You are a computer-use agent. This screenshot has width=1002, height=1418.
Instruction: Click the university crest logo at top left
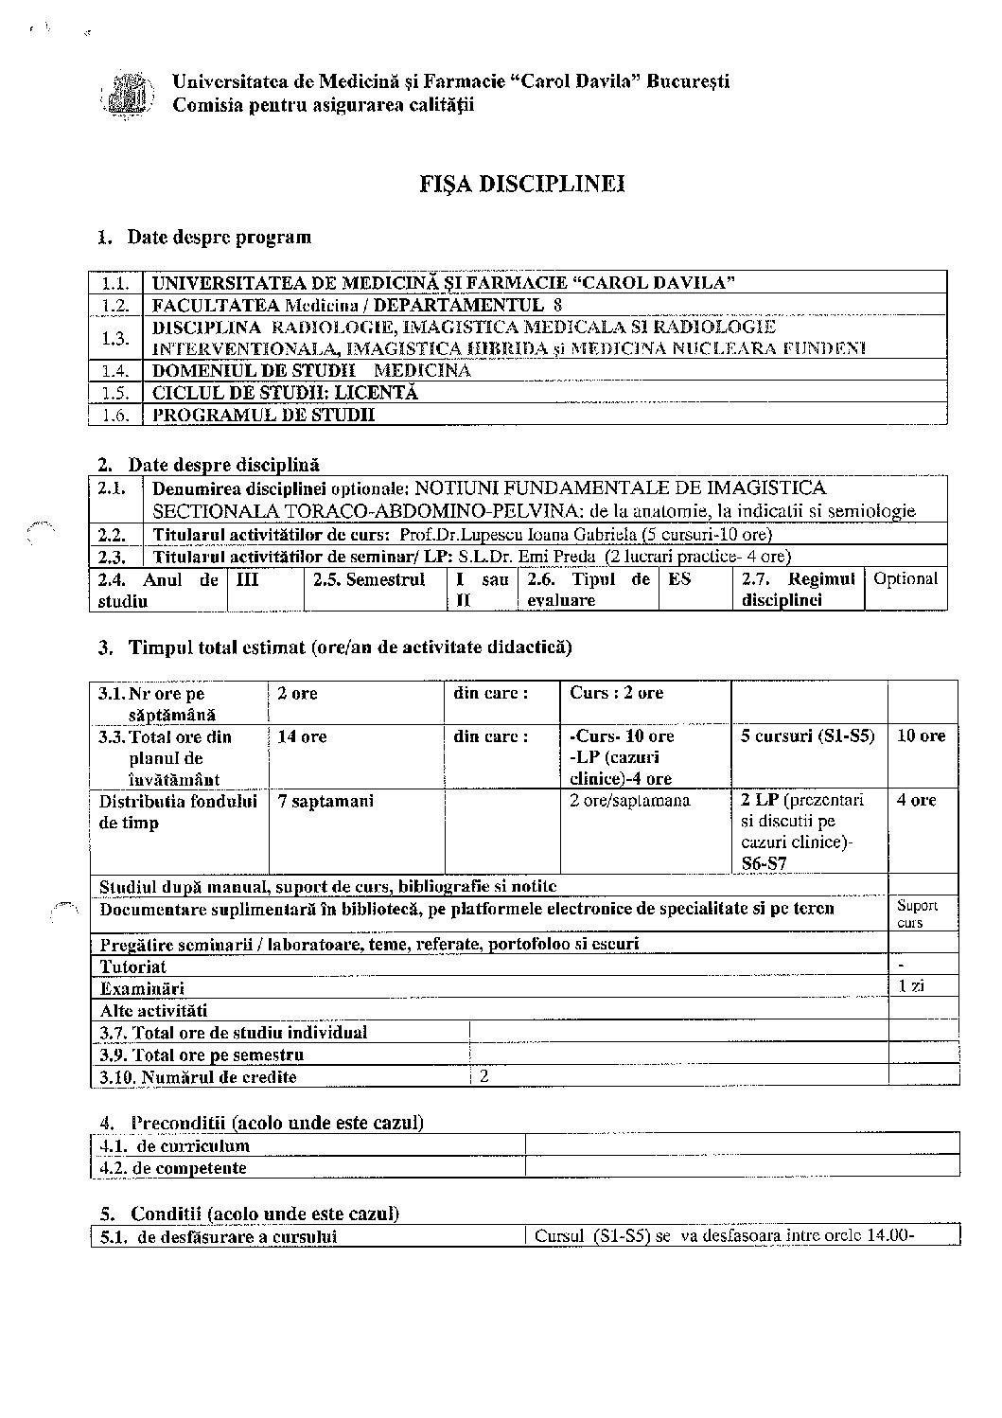[127, 94]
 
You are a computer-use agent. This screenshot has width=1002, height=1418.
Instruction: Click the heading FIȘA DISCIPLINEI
[522, 184]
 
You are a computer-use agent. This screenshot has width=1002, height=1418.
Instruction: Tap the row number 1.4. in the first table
[114, 371]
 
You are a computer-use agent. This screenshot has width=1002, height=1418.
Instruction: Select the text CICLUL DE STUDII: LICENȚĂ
[285, 393]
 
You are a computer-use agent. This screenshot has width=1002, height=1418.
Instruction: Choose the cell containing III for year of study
[247, 579]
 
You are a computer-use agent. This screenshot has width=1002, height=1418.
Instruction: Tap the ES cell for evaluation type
[679, 579]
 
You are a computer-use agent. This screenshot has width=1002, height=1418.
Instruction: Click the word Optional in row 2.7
[905, 579]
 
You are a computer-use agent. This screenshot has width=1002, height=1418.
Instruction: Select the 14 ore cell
[302, 736]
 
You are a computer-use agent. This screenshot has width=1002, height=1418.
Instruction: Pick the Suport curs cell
[916, 913]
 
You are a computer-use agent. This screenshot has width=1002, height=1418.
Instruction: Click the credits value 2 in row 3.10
[484, 1076]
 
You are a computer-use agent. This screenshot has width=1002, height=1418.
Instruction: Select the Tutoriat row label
[133, 966]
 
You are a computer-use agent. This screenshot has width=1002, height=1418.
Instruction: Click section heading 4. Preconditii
[261, 1123]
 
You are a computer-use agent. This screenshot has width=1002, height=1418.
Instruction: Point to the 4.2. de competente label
[174, 1168]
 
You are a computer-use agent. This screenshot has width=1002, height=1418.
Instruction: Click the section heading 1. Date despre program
[205, 237]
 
